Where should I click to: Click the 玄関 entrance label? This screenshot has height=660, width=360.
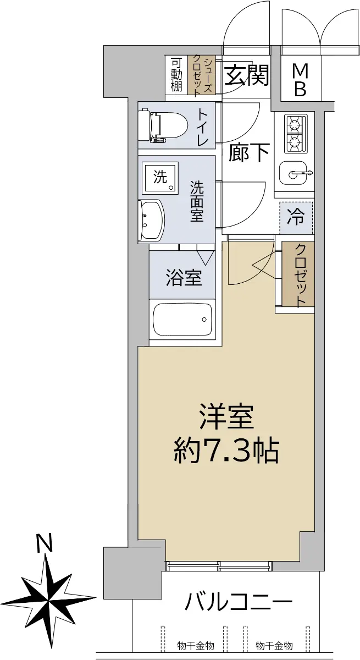click(247, 75)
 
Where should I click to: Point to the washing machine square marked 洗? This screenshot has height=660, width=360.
click(160, 178)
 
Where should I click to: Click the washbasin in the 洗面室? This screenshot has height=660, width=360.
click(151, 221)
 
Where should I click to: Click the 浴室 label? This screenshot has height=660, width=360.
click(184, 277)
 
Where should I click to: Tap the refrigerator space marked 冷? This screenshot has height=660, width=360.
click(296, 217)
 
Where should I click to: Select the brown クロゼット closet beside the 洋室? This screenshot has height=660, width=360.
click(298, 274)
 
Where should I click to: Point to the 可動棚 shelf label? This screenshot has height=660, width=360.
click(176, 75)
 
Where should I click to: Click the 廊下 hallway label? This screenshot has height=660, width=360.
click(249, 153)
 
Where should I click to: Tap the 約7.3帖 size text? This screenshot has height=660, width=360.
click(226, 451)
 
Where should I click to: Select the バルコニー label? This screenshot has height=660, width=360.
click(239, 602)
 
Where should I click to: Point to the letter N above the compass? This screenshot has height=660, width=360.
click(44, 542)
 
